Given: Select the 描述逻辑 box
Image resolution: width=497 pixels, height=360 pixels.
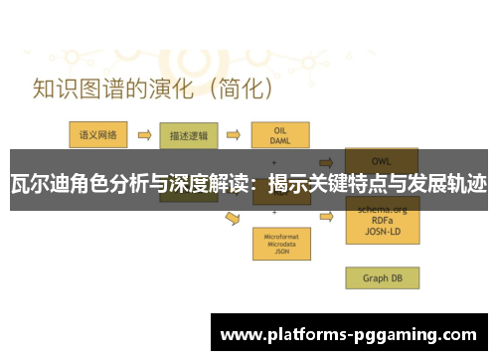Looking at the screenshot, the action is tap(187, 133).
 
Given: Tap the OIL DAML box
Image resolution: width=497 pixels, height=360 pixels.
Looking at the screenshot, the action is tap(281, 135).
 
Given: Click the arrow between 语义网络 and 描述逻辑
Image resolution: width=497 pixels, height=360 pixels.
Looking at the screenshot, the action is tap(142, 133).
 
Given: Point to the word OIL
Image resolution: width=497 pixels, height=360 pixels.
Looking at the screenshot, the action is tap(281, 129).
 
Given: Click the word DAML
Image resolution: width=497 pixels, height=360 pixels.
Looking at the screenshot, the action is tap(281, 140).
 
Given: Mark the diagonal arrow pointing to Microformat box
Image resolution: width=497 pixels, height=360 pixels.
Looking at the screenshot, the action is tap(234, 218).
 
